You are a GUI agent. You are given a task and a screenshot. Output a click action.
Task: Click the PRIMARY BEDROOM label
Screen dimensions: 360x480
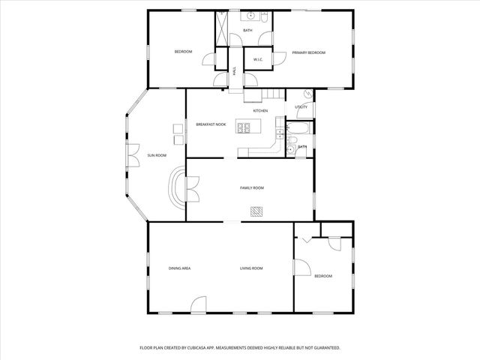point(308,52)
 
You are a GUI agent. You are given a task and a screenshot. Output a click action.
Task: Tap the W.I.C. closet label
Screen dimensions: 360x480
point(257,59)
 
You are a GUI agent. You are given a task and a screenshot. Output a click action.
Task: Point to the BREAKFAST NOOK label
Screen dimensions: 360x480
point(211,124)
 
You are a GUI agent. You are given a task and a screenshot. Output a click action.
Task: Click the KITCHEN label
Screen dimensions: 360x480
point(260,111)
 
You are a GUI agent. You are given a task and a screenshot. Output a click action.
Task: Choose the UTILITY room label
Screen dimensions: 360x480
point(301,107)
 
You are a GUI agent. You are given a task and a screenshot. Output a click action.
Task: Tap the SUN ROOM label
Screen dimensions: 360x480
point(157,155)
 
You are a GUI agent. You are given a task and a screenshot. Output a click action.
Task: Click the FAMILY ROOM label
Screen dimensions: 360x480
point(252,187)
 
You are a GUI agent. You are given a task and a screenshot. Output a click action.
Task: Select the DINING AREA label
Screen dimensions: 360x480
point(179,268)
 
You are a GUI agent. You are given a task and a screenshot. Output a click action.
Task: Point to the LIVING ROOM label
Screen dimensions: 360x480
point(251,268)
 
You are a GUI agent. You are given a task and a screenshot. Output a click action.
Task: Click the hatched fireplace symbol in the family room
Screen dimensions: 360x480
point(257,211)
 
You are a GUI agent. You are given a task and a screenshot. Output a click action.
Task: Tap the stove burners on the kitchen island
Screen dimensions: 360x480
point(244,127)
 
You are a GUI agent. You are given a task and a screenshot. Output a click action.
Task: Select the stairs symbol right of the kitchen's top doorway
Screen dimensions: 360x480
point(271,94)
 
